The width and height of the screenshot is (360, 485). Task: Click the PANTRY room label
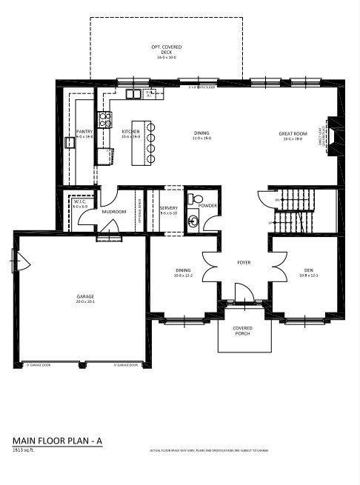point(84,132)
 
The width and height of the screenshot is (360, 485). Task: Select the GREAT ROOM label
point(293,133)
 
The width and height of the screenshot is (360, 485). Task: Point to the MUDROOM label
point(114,212)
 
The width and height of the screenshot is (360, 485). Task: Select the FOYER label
point(244,262)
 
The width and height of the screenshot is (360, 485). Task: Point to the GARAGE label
point(84,298)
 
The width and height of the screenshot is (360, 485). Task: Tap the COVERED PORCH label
point(242,330)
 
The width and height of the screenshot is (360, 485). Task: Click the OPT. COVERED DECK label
point(166,50)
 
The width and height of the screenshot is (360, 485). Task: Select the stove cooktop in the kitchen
point(104,119)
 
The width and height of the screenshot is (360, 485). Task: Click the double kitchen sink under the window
point(133,93)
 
